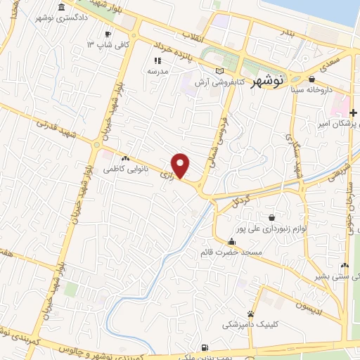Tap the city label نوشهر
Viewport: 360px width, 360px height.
pyautogui.click(x=269, y=80)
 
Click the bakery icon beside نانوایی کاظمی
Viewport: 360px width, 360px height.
pyautogui.click(x=126, y=159)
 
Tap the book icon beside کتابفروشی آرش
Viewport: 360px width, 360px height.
pyautogui.click(x=220, y=71)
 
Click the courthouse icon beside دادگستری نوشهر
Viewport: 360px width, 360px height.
pyautogui.click(x=64, y=7)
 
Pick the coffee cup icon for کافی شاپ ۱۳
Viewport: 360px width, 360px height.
pyautogui.click(x=108, y=34)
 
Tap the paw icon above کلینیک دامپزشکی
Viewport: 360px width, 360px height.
pyautogui.click(x=251, y=314)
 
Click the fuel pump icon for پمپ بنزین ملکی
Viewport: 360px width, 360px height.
pyautogui.click(x=205, y=347)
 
